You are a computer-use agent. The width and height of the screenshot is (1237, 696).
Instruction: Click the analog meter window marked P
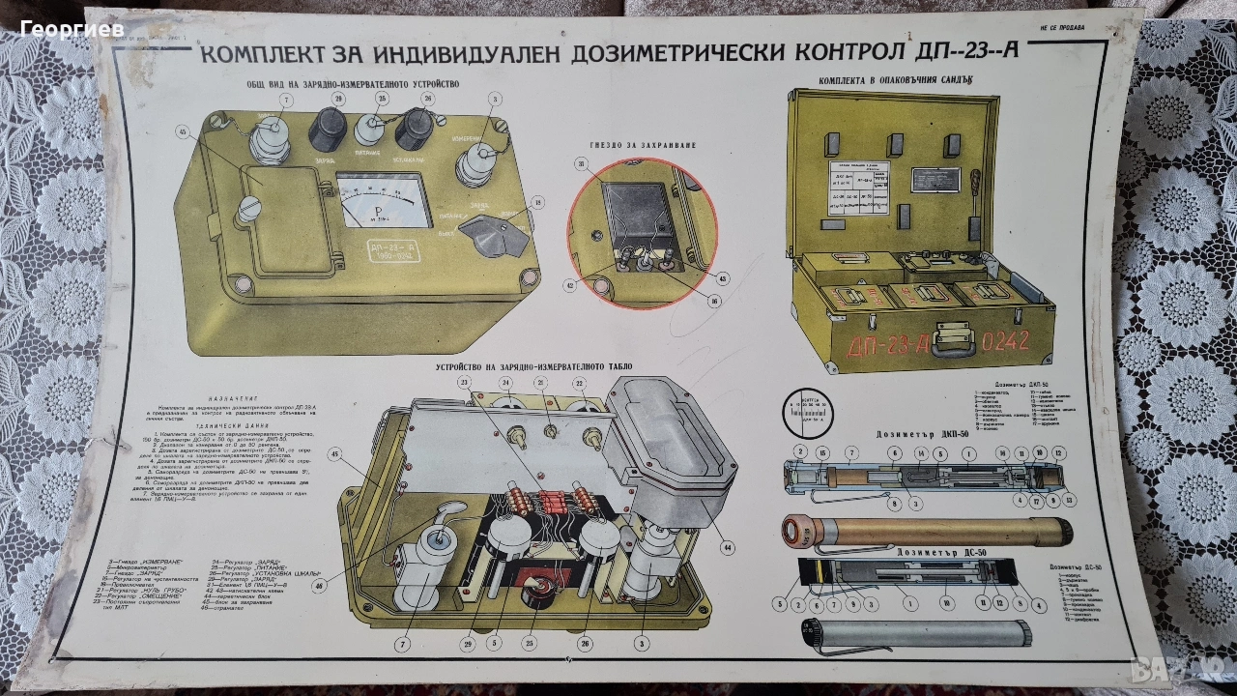pos(383,199)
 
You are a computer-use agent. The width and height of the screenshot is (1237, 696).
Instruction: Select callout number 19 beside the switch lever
pos(538,202)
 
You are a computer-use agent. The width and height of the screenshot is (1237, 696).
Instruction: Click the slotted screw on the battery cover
pos(252,206)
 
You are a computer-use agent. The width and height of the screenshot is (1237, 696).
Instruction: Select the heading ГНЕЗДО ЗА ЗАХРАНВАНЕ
pos(639,145)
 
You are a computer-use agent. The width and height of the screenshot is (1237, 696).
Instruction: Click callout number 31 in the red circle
pos(582,164)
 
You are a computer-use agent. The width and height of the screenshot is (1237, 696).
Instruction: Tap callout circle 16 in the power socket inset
pos(714,301)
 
